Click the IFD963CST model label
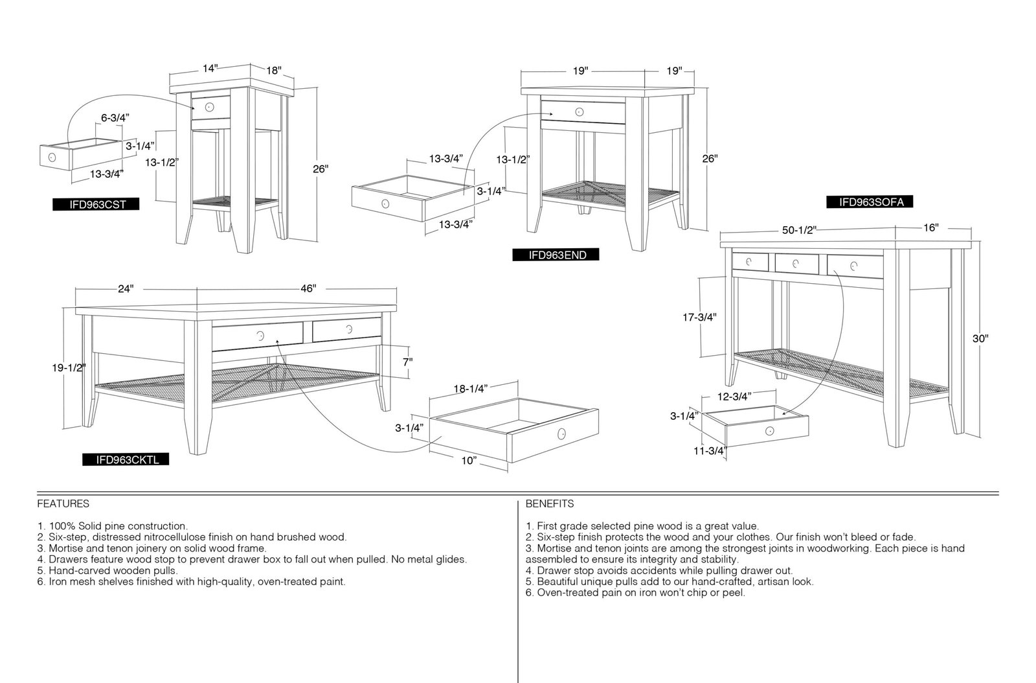coord(96,204)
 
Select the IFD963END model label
coord(556,255)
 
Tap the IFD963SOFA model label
coord(870,202)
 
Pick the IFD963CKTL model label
coord(126,459)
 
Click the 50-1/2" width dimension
coord(799,230)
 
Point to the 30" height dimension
coord(980,338)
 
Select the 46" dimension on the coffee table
coord(308,288)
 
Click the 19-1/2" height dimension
coord(69,368)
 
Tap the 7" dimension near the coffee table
coord(407,362)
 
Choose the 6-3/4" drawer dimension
coord(115,118)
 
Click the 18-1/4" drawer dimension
coord(470,389)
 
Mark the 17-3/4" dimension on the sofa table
coord(700,317)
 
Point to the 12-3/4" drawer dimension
coord(734,397)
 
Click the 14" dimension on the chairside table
coord(210,69)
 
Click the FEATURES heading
coord(63,504)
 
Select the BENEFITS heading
coord(550,504)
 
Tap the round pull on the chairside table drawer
coord(210,108)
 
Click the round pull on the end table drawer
coord(579,111)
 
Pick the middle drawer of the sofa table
coord(796,263)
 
